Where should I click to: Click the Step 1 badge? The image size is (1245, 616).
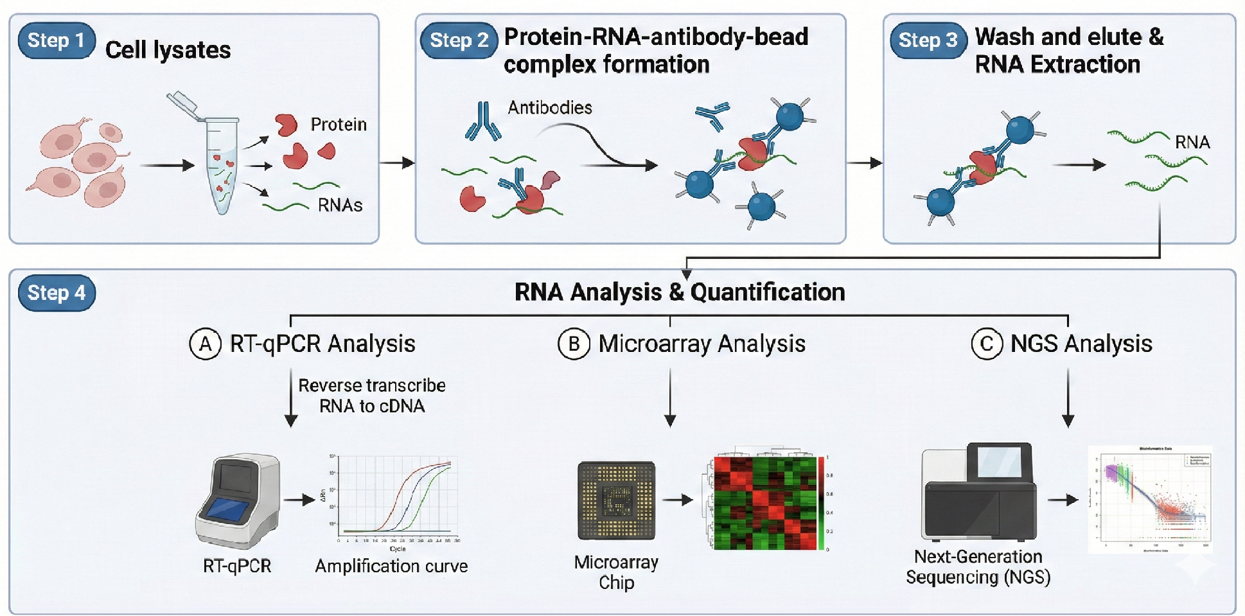click(x=57, y=40)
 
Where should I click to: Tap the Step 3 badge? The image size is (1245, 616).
click(x=928, y=40)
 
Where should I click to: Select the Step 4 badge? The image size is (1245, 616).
click(x=57, y=293)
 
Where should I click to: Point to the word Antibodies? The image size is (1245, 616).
click(x=550, y=107)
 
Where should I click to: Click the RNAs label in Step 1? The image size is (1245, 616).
click(x=340, y=206)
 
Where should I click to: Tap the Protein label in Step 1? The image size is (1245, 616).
click(x=339, y=125)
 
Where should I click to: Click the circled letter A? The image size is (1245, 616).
click(x=205, y=344)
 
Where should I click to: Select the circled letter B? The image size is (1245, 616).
click(x=574, y=344)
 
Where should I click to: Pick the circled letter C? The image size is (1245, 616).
click(x=987, y=344)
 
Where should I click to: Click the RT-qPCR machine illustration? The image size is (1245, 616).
click(x=238, y=501)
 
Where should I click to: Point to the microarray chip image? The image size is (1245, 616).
click(x=616, y=500)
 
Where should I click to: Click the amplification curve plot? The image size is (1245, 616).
click(x=395, y=498)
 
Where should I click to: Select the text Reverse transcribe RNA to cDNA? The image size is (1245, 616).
click(x=372, y=396)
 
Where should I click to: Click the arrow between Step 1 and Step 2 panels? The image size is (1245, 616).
click(x=397, y=163)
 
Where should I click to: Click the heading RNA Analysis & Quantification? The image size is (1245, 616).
click(x=680, y=292)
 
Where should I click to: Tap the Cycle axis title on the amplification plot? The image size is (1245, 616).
click(x=398, y=549)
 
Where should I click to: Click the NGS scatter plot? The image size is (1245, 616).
click(x=1150, y=500)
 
